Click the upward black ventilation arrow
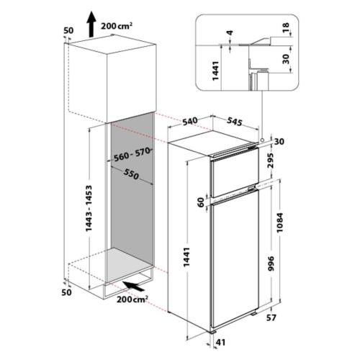[x=91, y=24]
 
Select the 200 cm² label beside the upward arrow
[x=117, y=26]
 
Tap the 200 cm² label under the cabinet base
[x=132, y=300]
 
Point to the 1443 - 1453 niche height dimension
[x=89, y=208]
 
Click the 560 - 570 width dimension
[x=132, y=155]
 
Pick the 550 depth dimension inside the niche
[x=131, y=174]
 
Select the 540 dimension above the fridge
[x=190, y=121]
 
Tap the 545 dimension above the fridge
[x=234, y=122]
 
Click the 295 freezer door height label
[x=271, y=160]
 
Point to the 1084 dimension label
[x=280, y=222]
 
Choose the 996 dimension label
[x=271, y=264]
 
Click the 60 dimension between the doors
[x=201, y=202]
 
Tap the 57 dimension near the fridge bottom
[x=271, y=318]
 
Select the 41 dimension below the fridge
[x=220, y=342]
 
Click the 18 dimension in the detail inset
[x=286, y=27]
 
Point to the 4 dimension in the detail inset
[x=230, y=32]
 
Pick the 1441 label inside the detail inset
[x=215, y=71]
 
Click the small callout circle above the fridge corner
[x=262, y=139]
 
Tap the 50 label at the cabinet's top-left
[x=68, y=30]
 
